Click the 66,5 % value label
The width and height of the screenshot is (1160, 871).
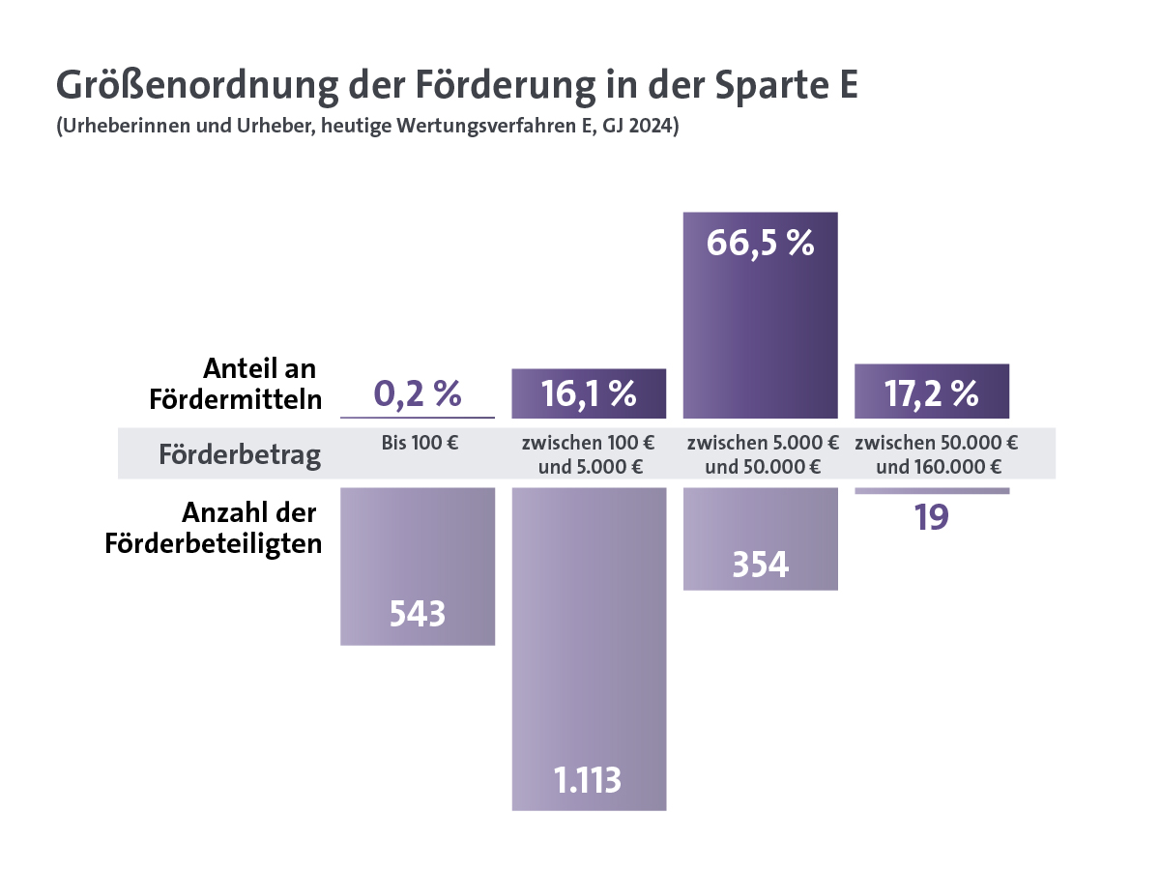tap(760, 243)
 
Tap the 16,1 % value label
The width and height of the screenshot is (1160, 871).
tap(588, 393)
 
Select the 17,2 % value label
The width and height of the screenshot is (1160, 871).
tap(932, 393)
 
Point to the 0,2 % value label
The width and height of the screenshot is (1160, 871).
tap(418, 393)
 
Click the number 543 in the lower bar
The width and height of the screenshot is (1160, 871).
tap(418, 614)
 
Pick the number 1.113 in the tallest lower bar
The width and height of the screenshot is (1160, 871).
tap(588, 779)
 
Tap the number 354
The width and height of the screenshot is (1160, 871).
tap(760, 565)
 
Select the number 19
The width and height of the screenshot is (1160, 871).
tap(932, 517)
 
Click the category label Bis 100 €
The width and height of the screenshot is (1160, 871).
tap(419, 445)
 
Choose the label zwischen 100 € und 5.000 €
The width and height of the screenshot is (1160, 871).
tap(588, 455)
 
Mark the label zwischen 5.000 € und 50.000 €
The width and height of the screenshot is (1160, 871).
tap(762, 455)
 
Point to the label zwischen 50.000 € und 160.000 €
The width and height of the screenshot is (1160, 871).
tap(935, 455)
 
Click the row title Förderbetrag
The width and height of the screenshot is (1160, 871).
tap(240, 454)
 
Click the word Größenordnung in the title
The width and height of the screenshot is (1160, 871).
tap(199, 86)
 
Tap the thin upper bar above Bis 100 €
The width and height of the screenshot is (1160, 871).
tap(418, 417)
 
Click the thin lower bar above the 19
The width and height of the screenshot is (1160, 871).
tap(932, 491)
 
